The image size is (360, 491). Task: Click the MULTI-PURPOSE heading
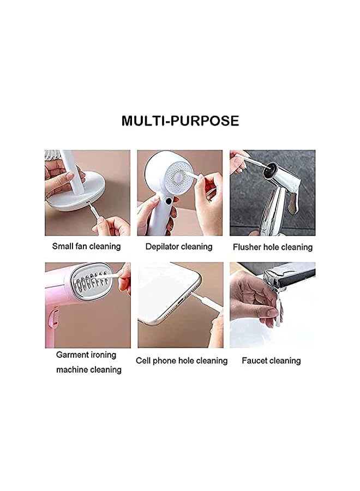click(x=180, y=120)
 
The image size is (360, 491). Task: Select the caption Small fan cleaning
click(x=86, y=246)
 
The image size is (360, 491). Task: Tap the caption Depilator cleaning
click(x=179, y=247)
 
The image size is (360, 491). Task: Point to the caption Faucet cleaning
click(x=271, y=361)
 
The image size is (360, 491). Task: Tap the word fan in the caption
click(x=85, y=246)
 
